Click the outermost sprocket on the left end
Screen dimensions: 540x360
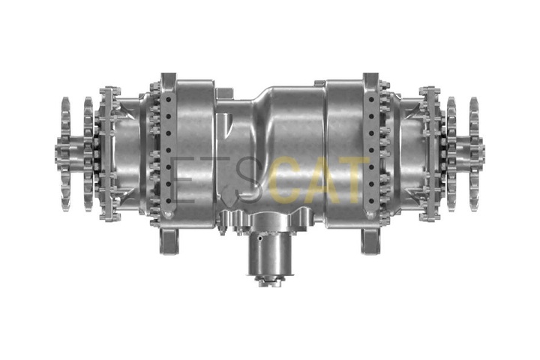[65, 154]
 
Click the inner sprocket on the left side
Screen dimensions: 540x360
[88, 154]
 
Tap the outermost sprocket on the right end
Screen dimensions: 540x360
[474, 154]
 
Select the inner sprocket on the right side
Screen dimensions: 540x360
[451, 154]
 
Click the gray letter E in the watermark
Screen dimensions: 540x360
[181, 180]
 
